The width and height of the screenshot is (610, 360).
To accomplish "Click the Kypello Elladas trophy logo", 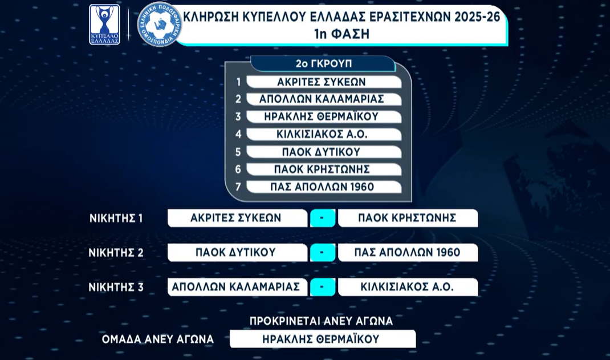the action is (104, 25).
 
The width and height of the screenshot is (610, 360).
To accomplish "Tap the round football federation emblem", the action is (160, 24).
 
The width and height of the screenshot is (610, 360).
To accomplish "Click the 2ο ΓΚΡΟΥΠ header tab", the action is (323, 63).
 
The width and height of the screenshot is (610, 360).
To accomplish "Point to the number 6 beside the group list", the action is (238, 169).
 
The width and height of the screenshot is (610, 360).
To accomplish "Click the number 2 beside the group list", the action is (238, 99).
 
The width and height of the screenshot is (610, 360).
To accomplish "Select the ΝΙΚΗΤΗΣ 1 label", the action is (116, 219).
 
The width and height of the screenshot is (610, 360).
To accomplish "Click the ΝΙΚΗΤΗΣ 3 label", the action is (116, 287).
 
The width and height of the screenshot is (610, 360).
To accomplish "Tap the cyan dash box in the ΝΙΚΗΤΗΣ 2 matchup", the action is (323, 253).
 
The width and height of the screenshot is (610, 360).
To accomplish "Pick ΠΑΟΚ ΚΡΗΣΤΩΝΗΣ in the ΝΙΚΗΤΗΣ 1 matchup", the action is (408, 218).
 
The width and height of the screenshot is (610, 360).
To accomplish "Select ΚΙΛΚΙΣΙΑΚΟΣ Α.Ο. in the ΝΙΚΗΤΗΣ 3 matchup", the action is (408, 287).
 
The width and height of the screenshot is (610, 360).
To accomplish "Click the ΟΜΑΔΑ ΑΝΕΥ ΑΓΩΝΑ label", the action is (157, 339).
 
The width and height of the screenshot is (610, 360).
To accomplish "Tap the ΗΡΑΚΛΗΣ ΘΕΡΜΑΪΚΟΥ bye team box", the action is (323, 339).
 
